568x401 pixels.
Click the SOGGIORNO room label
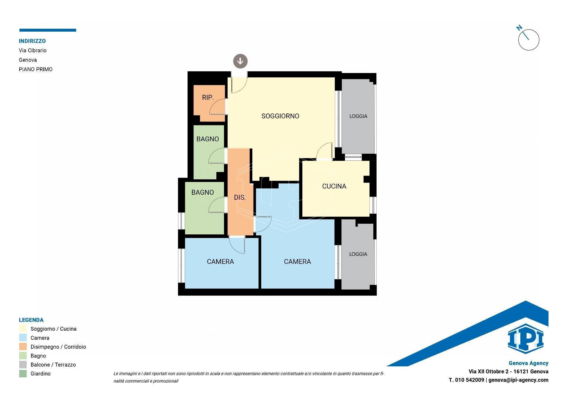280,116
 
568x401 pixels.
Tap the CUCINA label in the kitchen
334,186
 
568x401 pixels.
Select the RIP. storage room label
208,98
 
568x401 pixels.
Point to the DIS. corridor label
240,197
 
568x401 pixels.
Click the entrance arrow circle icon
240,61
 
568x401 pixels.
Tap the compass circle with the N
529,40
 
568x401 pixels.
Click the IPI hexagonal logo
525,339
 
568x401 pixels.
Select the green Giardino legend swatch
23,374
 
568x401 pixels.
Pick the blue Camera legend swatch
23,338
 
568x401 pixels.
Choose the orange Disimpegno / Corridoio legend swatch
23,347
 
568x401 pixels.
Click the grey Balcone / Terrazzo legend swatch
23,365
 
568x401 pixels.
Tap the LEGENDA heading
31,320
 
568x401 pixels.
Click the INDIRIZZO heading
32,41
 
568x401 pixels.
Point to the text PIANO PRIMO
35,69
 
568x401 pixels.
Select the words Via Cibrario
33,51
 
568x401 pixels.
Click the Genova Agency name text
528,363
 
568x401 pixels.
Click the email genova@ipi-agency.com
518,380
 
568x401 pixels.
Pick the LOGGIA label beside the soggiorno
358,116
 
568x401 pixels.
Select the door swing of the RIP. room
217,107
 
